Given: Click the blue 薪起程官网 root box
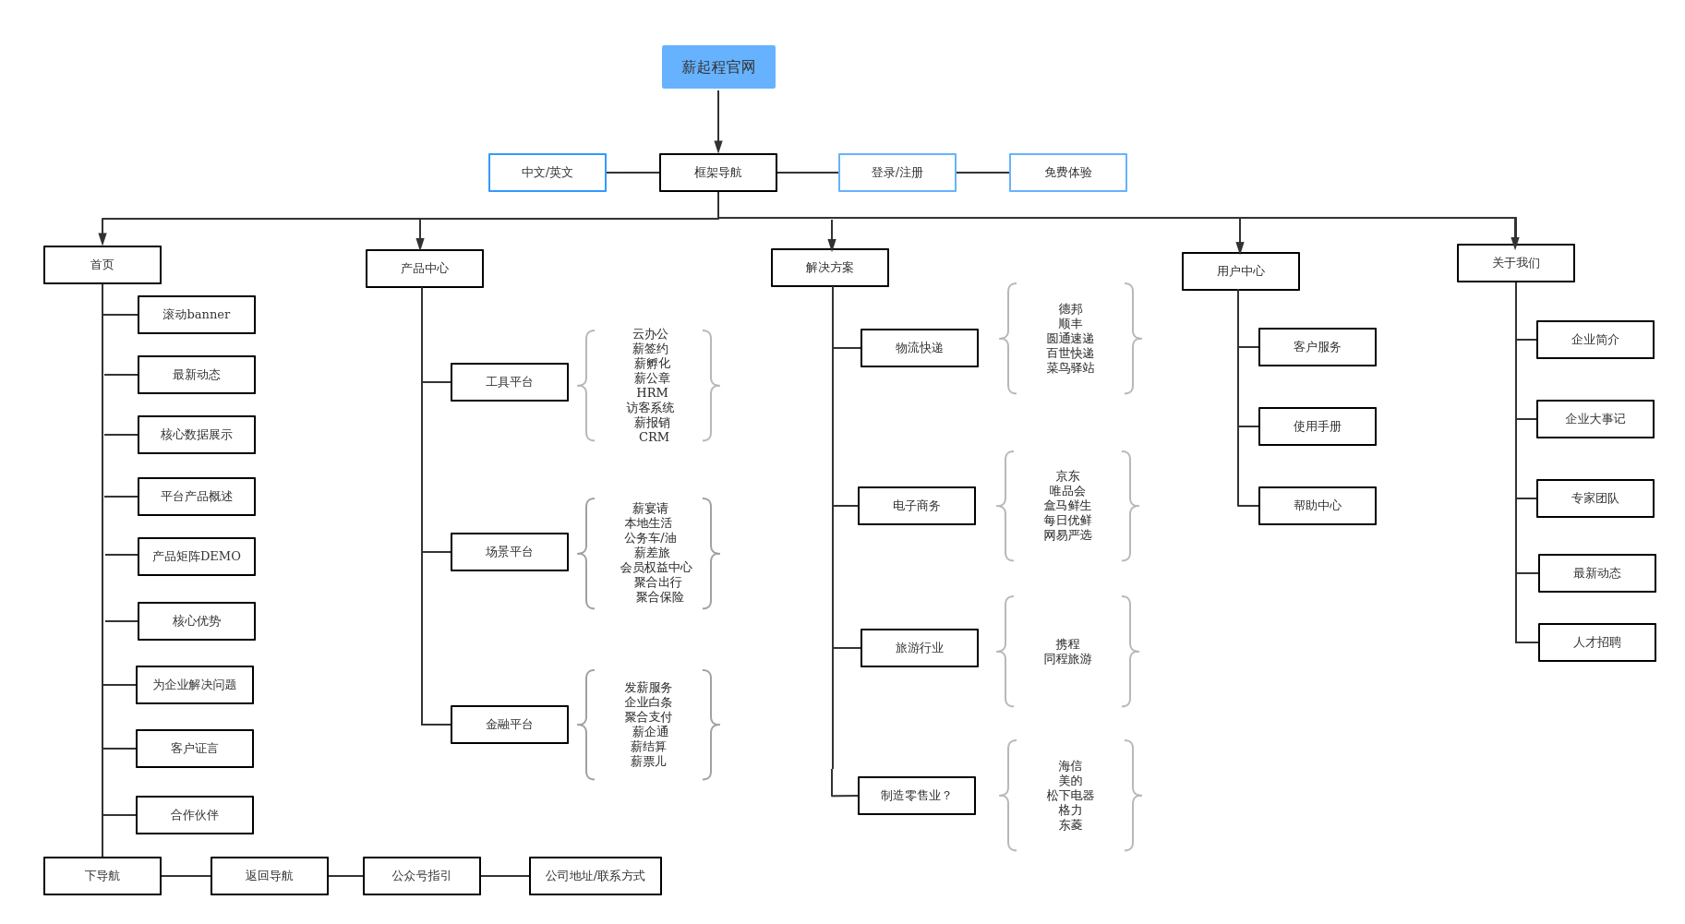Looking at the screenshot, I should point(718,67).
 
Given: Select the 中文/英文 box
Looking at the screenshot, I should point(547,173).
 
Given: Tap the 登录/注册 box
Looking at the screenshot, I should point(897,173).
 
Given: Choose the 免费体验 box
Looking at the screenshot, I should point(1067,173).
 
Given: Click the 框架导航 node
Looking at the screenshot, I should point(717,173).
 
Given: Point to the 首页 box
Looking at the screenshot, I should point(102,265).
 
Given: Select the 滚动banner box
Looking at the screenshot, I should point(196,315).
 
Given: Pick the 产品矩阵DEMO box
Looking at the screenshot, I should point(196,557).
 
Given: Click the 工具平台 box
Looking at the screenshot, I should point(509,382).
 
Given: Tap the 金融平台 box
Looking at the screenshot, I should point(509,725).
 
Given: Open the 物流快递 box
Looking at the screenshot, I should point(919,348).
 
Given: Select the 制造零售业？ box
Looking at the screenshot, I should point(916,796).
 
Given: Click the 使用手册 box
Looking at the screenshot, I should point(1317,426).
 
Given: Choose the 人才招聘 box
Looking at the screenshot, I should point(1596,642).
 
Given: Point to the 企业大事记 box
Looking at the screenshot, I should point(1595,419).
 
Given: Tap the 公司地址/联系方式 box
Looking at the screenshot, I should point(595,876).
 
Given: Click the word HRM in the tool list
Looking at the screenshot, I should point(652,393).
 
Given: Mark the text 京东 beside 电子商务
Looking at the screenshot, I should point(1067,476).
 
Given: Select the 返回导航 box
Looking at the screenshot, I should point(269,876).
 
